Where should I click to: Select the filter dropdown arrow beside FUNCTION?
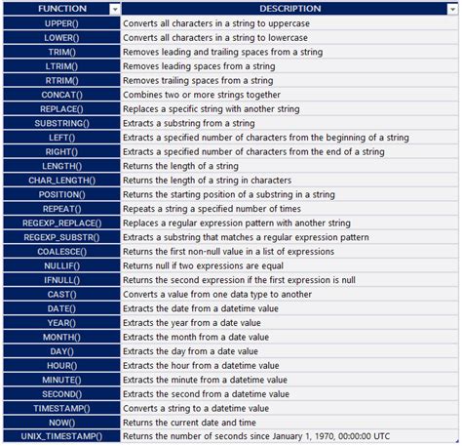click(115, 9)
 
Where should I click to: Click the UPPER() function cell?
click(61, 23)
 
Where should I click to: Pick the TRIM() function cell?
click(61, 52)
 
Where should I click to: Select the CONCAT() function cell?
click(61, 95)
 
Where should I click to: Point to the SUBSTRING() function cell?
click(61, 124)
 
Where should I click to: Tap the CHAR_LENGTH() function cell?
click(61, 181)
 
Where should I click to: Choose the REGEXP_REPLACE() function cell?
click(61, 223)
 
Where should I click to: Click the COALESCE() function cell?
click(61, 252)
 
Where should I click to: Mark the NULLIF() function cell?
click(61, 265)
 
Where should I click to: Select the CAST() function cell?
click(61, 294)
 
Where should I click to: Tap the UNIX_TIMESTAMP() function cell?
click(61, 436)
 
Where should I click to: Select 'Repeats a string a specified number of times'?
click(213, 209)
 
